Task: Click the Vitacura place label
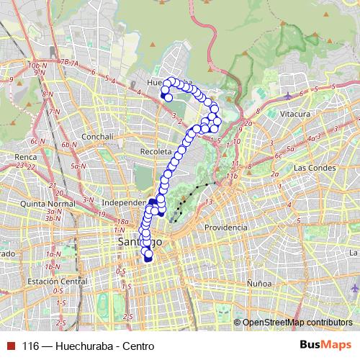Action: click(295, 114)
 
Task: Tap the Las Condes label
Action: click(311, 168)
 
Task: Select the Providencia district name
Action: click(225, 227)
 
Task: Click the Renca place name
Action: click(25, 156)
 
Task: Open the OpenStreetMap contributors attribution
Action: click(298, 322)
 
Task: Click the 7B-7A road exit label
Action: click(71, 63)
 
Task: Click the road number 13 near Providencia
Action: click(209, 202)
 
